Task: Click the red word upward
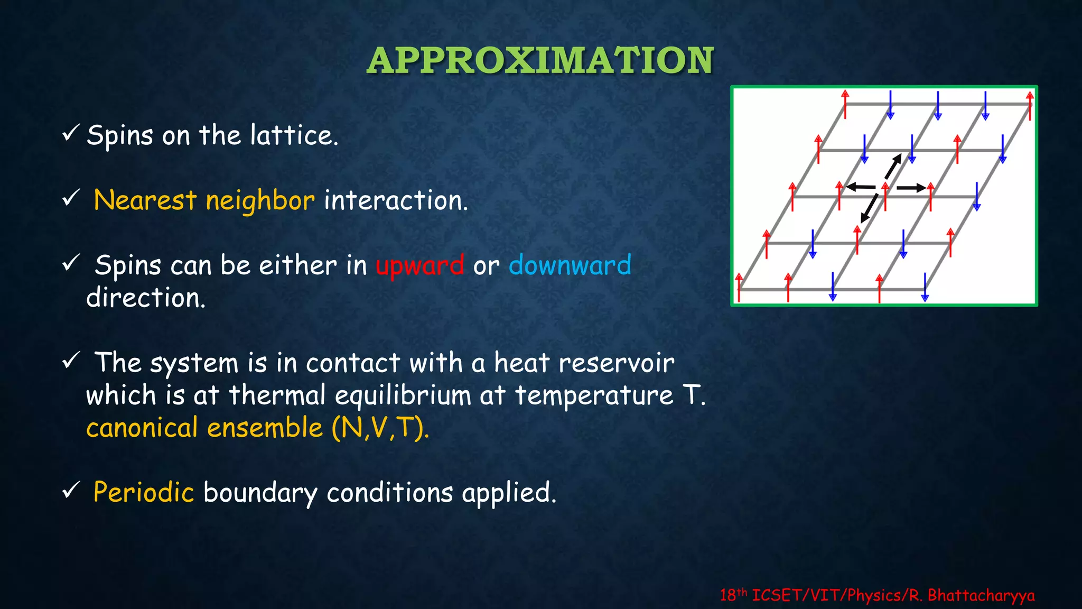(x=420, y=265)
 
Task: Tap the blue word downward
(x=570, y=265)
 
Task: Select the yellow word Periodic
(x=144, y=492)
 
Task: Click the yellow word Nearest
(x=145, y=200)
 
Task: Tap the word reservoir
(x=616, y=363)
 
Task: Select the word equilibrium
(x=403, y=395)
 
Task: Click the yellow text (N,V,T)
(x=380, y=428)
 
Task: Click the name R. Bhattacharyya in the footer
(x=972, y=595)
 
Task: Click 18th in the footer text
(x=733, y=595)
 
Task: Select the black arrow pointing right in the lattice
(x=911, y=188)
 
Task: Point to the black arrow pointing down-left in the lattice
(x=869, y=208)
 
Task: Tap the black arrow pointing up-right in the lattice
(x=893, y=167)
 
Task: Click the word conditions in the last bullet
(x=390, y=493)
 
